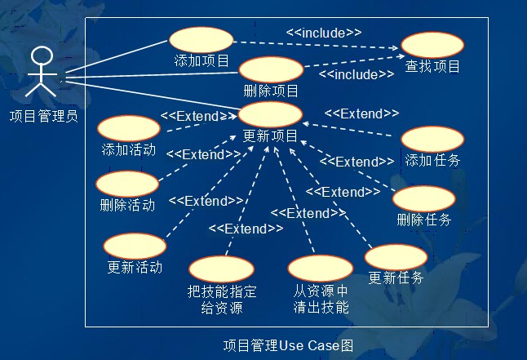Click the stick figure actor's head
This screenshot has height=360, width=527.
click(x=42, y=56)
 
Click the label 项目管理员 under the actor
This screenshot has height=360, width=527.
click(x=44, y=116)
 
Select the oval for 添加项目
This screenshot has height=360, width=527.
click(x=201, y=39)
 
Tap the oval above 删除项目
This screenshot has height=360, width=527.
click(x=272, y=69)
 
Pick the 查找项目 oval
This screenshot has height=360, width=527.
click(x=432, y=45)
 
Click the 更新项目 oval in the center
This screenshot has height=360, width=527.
click(x=270, y=115)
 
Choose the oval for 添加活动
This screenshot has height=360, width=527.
click(x=129, y=128)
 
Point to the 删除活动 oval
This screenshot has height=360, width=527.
click(x=127, y=184)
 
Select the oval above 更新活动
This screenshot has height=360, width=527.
click(x=135, y=246)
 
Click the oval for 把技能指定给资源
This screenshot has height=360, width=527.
click(x=221, y=269)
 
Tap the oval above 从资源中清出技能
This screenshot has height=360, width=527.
click(x=321, y=269)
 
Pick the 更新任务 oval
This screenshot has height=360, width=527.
click(x=396, y=257)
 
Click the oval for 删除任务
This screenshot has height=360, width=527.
click(x=423, y=198)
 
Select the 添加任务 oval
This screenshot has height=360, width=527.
click(x=432, y=139)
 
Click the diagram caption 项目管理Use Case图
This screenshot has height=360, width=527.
click(x=288, y=345)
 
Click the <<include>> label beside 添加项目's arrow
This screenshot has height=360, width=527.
click(x=324, y=33)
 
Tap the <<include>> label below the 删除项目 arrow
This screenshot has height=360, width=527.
click(x=356, y=74)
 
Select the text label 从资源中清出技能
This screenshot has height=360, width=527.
click(x=321, y=299)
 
